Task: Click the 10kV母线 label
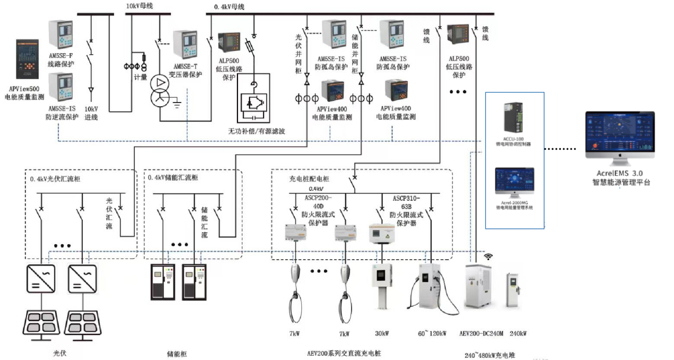[x=139, y=6]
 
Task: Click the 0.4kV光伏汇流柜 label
[x=55, y=178]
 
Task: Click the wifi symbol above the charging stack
[x=488, y=256]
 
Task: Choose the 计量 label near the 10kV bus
[x=140, y=77]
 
